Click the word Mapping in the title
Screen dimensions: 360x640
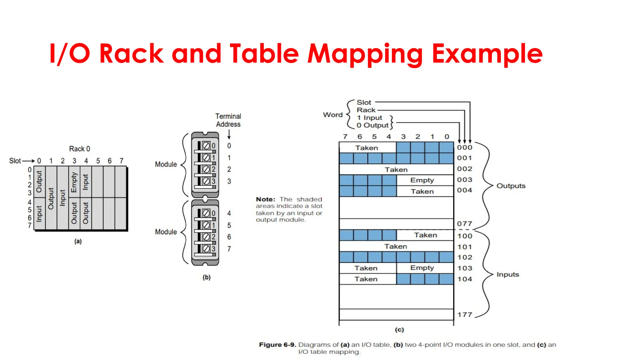(365, 54)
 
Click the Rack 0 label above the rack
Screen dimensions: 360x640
(79, 149)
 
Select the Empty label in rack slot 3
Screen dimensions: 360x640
(74, 182)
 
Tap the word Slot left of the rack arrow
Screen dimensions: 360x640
(15, 161)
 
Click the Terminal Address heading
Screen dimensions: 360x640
(228, 120)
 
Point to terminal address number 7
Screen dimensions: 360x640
(229, 249)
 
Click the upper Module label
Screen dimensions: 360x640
(166, 164)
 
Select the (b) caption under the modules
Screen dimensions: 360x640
(206, 277)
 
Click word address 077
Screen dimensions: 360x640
(464, 224)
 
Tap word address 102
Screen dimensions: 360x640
(465, 257)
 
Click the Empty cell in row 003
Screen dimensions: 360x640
(422, 180)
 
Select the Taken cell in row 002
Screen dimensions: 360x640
(396, 170)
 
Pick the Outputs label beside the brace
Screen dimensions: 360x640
(511, 186)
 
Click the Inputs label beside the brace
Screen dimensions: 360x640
(507, 274)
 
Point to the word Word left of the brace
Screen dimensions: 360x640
(332, 115)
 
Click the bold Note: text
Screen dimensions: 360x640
(265, 199)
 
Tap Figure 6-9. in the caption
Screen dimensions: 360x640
(277, 345)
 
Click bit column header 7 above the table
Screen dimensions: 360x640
(345, 137)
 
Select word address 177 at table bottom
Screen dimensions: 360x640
(464, 315)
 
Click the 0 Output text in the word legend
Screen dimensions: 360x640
(372, 125)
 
